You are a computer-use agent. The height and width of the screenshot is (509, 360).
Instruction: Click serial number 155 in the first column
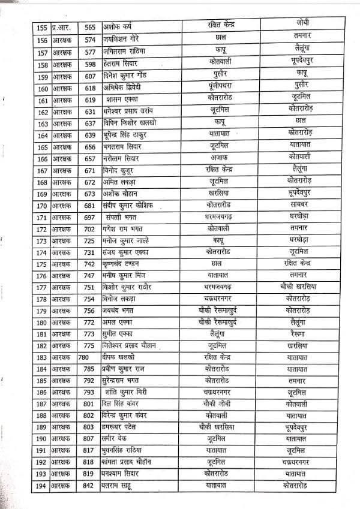click(41, 26)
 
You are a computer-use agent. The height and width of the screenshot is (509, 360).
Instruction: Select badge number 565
click(91, 27)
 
